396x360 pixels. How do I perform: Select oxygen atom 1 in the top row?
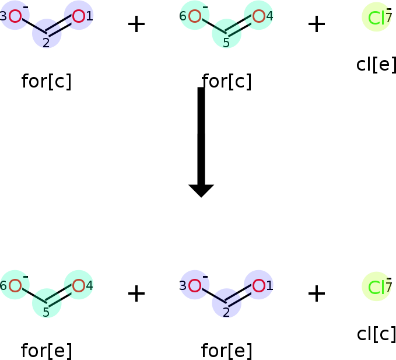(79, 16)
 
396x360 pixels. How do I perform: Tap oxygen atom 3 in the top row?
(15, 16)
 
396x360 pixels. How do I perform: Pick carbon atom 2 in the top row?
(47, 33)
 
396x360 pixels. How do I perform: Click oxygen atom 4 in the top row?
(258, 16)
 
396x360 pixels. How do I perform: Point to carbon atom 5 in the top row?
(226, 33)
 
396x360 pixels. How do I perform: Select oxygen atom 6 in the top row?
(195, 16)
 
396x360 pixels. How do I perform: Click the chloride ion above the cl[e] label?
(376, 18)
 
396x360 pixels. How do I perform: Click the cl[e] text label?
(376, 64)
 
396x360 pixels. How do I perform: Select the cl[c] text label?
(376, 334)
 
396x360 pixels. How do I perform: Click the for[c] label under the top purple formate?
(47, 82)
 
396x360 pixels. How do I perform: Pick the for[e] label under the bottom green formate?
(47, 351)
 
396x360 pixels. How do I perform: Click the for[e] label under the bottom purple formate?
(226, 351)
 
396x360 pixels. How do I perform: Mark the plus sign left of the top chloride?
(316, 24)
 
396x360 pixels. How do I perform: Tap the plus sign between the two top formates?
(136, 24)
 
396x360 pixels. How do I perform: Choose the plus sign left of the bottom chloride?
(316, 293)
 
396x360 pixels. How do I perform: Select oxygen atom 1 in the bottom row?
(258, 285)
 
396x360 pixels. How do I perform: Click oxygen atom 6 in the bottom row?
(15, 285)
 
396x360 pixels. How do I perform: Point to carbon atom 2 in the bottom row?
(226, 303)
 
